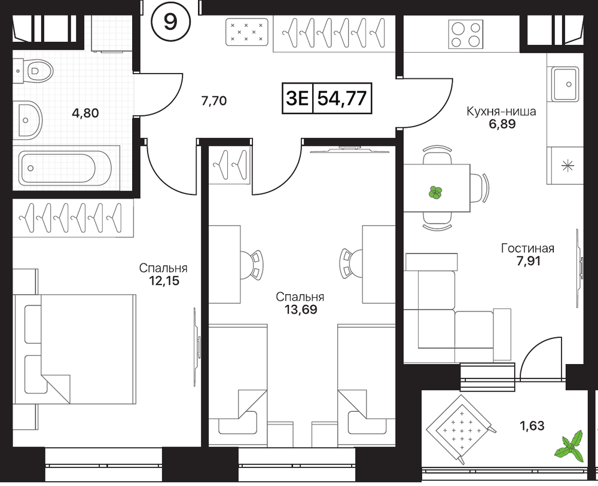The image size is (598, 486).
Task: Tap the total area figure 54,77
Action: pyautogui.click(x=342, y=98)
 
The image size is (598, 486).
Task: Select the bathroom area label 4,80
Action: pyautogui.click(x=85, y=113)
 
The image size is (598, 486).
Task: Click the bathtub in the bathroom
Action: pyautogui.click(x=65, y=168)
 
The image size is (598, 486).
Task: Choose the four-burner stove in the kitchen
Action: pyautogui.click(x=465, y=34)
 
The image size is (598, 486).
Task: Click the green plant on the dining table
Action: pyautogui.click(x=435, y=192)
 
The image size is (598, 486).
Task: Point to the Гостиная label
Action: pyautogui.click(x=527, y=249)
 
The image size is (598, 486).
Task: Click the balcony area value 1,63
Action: pyautogui.click(x=532, y=426)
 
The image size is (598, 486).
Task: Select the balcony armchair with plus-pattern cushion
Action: pyautogui.click(x=461, y=429)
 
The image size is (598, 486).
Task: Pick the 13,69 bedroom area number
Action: pyautogui.click(x=301, y=310)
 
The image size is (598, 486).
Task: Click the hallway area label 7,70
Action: pyautogui.click(x=213, y=101)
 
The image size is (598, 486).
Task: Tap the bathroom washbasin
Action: pyautogui.click(x=28, y=120)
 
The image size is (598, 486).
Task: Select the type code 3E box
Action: pyautogui.click(x=297, y=98)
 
